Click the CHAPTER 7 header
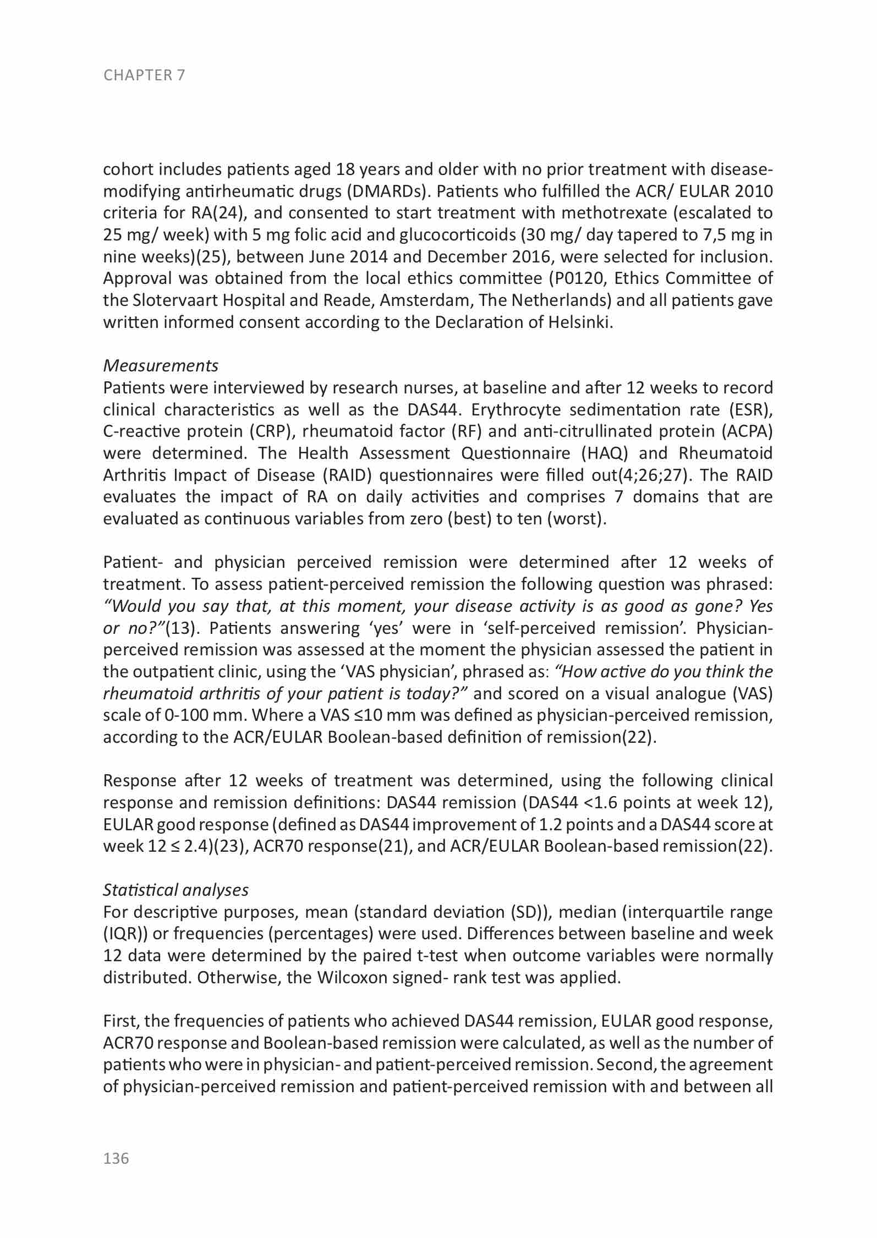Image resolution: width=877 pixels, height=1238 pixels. [144, 75]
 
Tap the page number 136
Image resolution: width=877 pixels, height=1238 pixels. [116, 1159]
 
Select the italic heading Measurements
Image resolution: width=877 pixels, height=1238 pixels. [161, 365]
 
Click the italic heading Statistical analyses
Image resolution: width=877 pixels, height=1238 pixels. [176, 890]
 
